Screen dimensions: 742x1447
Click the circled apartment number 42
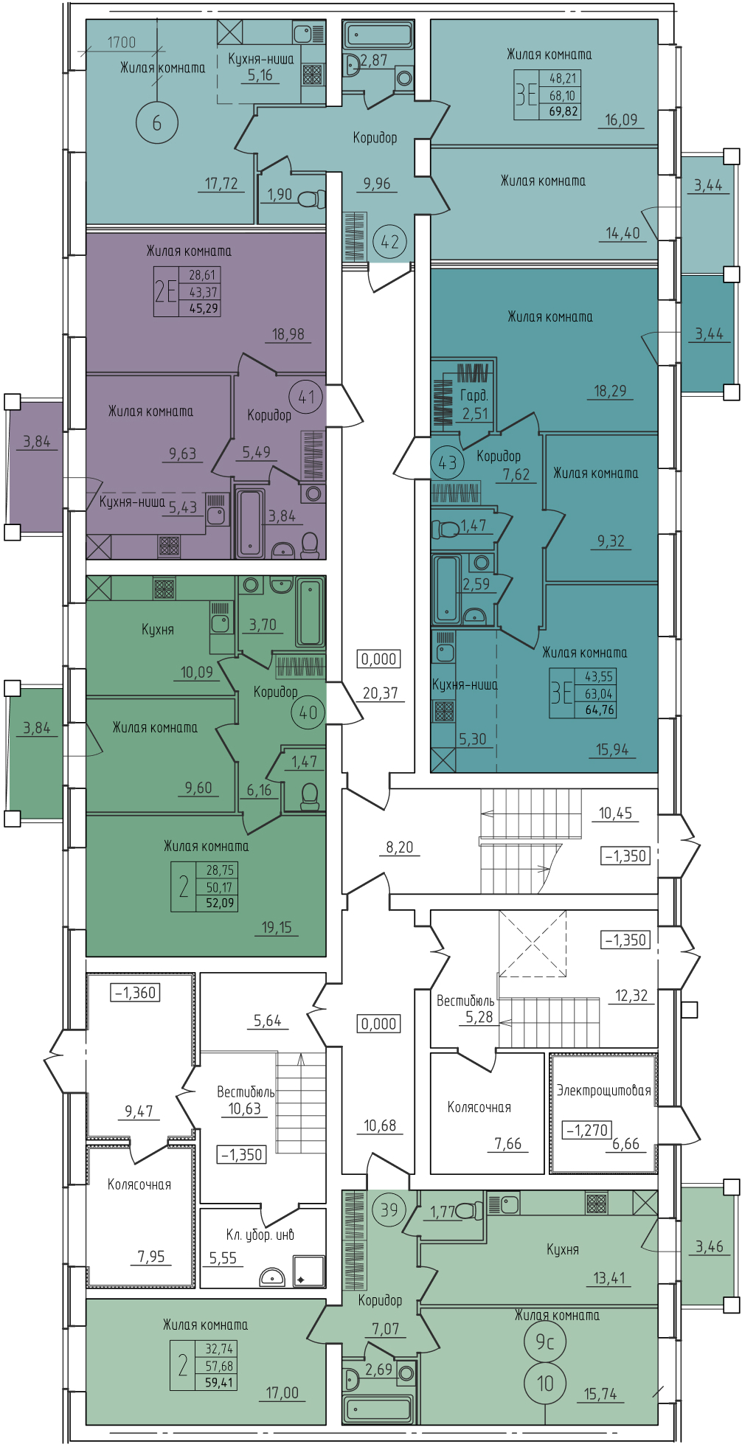point(389,241)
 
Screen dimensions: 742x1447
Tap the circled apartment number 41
point(307,398)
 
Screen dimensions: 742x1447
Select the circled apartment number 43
point(447,463)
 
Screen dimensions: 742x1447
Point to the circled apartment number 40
point(308,712)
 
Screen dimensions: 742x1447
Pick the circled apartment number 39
point(389,1210)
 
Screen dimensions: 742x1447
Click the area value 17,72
point(222,184)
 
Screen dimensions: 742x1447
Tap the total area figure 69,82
point(564,112)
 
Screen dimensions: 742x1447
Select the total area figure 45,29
point(204,308)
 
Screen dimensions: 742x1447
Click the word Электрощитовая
point(604,1090)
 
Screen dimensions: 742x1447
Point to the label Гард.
point(474,395)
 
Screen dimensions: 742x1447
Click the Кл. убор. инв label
point(260,1235)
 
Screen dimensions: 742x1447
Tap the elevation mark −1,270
point(587,1130)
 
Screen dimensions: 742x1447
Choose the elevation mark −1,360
point(136,993)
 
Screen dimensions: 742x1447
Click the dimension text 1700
point(122,42)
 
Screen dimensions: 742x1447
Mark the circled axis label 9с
point(545,1342)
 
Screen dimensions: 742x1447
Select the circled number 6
point(157,122)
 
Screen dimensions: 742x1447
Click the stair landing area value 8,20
point(400,847)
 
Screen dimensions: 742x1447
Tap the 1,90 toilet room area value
point(280,195)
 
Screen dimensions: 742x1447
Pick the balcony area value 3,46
point(710,1246)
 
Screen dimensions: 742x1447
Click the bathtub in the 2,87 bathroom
point(378,35)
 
